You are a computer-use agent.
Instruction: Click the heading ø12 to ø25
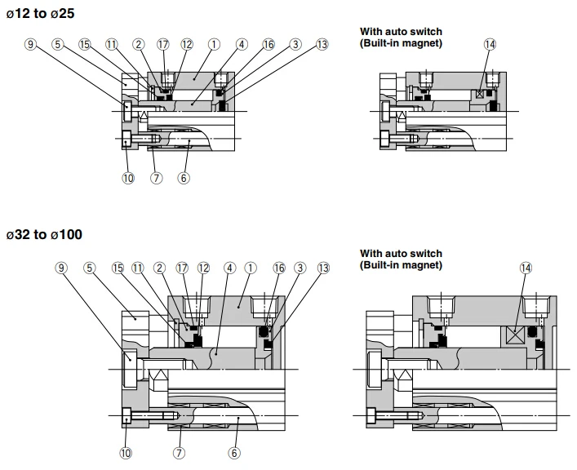point(41,14)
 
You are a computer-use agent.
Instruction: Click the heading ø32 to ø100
point(44,234)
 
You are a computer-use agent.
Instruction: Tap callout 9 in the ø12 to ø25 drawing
point(30,45)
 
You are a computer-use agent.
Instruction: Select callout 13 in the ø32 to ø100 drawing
point(323,268)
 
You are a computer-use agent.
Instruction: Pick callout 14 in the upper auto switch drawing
point(490,45)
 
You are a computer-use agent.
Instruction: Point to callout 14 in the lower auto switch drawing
point(526,268)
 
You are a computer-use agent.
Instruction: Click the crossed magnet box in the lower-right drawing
point(515,335)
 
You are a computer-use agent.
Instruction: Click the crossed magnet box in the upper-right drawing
point(480,94)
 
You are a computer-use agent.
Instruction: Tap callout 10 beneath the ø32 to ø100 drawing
point(126,453)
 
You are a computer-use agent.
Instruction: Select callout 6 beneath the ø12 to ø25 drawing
point(184,178)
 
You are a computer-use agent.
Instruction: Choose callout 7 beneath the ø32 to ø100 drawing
point(180,453)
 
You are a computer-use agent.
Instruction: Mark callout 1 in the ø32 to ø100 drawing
point(251,268)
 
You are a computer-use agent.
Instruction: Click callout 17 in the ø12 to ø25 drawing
point(162,45)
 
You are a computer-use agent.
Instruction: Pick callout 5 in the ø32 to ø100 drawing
point(90,268)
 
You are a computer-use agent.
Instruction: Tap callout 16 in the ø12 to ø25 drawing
point(269,45)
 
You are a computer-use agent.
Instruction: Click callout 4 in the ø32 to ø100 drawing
point(229,268)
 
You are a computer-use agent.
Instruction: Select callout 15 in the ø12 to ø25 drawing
point(85,45)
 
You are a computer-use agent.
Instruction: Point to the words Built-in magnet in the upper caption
point(401,43)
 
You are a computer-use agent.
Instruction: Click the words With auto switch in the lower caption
point(401,253)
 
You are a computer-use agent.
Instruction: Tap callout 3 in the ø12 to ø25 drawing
point(295,45)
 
